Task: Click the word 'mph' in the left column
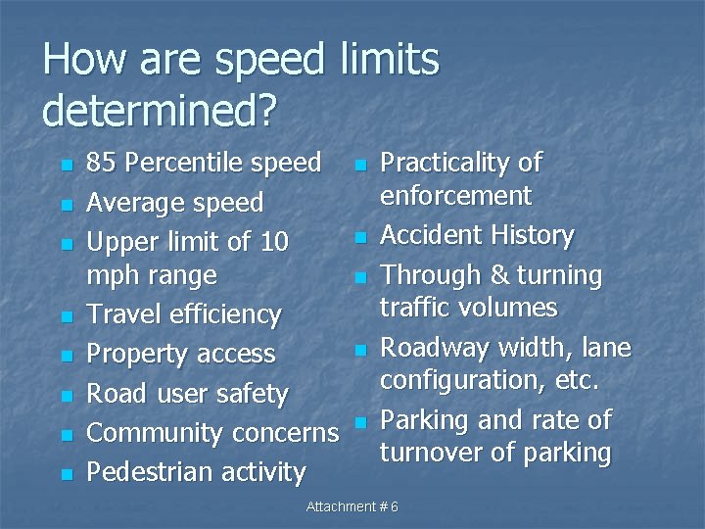pyautogui.click(x=112, y=276)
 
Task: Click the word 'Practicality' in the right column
pyautogui.click(x=448, y=163)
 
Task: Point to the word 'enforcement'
pyautogui.click(x=455, y=195)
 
